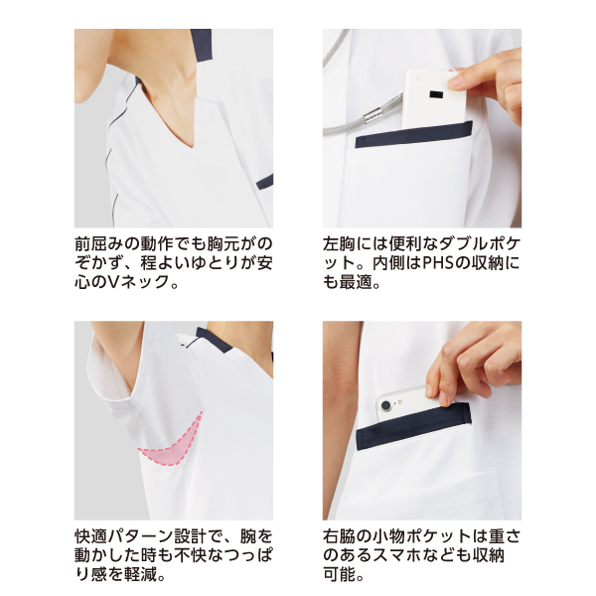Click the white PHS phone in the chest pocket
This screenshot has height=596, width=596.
pos(433,98)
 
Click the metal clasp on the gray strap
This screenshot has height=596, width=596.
pos(372,113)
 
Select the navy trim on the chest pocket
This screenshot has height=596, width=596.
pos(414,134)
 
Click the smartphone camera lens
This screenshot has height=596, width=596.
pos(385,406)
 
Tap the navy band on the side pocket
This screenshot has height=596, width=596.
pos(414,426)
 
